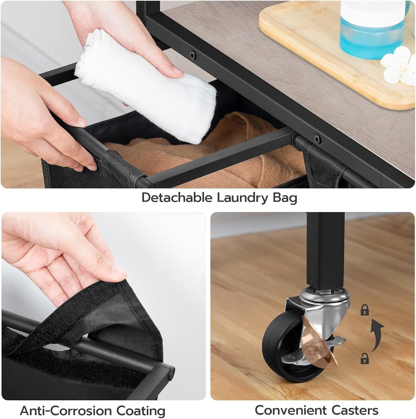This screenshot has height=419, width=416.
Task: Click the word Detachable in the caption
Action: pos(177,198)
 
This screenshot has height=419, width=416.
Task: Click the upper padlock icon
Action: pos(365,310)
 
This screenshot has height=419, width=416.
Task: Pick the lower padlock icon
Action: pos(365,359)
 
